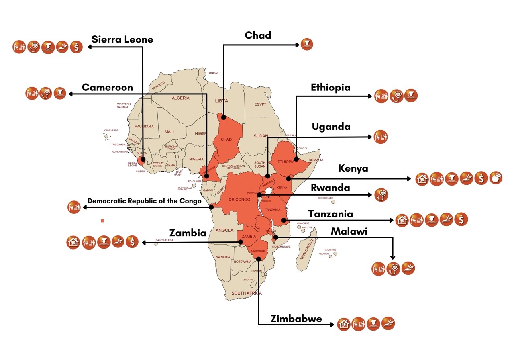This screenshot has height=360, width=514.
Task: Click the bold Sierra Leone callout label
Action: coord(122,39)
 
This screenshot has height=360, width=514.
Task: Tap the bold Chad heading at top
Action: coord(258,35)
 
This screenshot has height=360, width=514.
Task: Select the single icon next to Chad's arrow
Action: coord(307,44)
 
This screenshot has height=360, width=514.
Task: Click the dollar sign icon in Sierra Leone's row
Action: coord(76,47)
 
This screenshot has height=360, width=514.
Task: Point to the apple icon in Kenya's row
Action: coord(496,178)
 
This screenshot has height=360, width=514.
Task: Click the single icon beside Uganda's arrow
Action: coord(380,137)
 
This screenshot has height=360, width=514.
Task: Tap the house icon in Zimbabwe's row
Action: coord(344,324)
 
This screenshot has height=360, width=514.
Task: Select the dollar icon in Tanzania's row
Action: coord(461,219)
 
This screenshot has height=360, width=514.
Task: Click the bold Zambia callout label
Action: coord(188,233)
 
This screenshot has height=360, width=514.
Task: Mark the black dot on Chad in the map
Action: coord(223,118)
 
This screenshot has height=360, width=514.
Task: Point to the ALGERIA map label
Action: coord(180,98)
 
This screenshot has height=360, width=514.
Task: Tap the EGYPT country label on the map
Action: coord(260,104)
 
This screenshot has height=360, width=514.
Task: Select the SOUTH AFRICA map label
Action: coord(246,293)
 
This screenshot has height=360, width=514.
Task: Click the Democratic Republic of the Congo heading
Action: coord(144,201)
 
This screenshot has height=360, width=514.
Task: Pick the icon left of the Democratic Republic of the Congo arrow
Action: coord(74,207)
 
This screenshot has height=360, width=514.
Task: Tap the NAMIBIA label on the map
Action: coord(223,257)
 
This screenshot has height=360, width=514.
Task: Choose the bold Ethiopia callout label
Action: coord(330,87)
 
